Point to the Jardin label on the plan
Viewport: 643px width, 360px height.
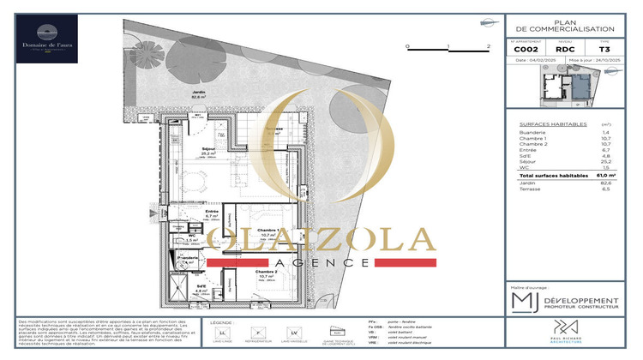tap(199, 94)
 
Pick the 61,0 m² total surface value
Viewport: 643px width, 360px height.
tap(608, 173)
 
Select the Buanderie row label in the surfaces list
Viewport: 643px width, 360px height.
tap(534, 133)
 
